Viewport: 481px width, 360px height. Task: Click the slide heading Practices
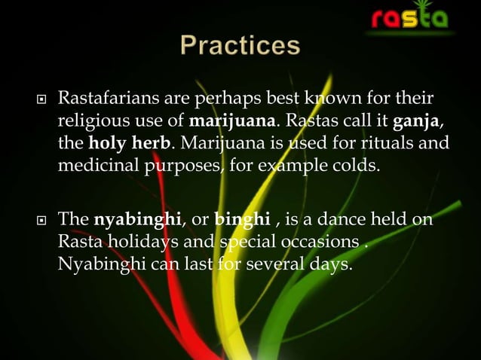[x=240, y=45]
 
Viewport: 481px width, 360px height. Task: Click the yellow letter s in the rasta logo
[x=412, y=17]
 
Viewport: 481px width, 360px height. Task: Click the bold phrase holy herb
[x=121, y=142]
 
